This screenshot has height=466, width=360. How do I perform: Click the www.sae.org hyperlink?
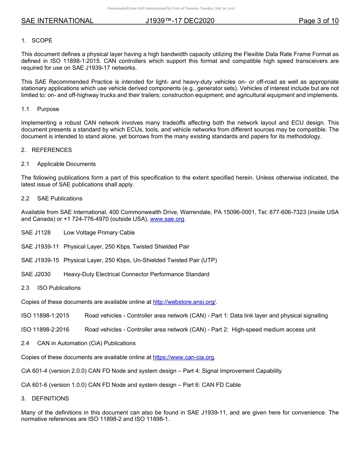pos(167,219)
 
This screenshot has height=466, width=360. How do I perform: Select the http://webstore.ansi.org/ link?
pos(184,302)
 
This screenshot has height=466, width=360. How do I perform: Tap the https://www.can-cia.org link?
pos(183,357)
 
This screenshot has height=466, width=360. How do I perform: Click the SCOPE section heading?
pos(42,41)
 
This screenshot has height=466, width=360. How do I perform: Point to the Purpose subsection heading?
pos(48,109)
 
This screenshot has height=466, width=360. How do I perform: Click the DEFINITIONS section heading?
pos(50,399)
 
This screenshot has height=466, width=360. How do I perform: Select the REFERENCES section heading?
pos(52,150)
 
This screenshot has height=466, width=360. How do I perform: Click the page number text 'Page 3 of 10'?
pos(318,21)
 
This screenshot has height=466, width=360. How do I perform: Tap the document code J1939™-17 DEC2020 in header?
pos(180,21)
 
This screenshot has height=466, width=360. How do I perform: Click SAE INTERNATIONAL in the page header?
pos(57,21)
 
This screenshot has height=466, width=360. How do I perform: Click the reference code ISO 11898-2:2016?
pos(45,330)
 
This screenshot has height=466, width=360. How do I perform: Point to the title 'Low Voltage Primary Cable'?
pos(99,233)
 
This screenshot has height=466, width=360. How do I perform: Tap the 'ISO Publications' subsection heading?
pos(59,288)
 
